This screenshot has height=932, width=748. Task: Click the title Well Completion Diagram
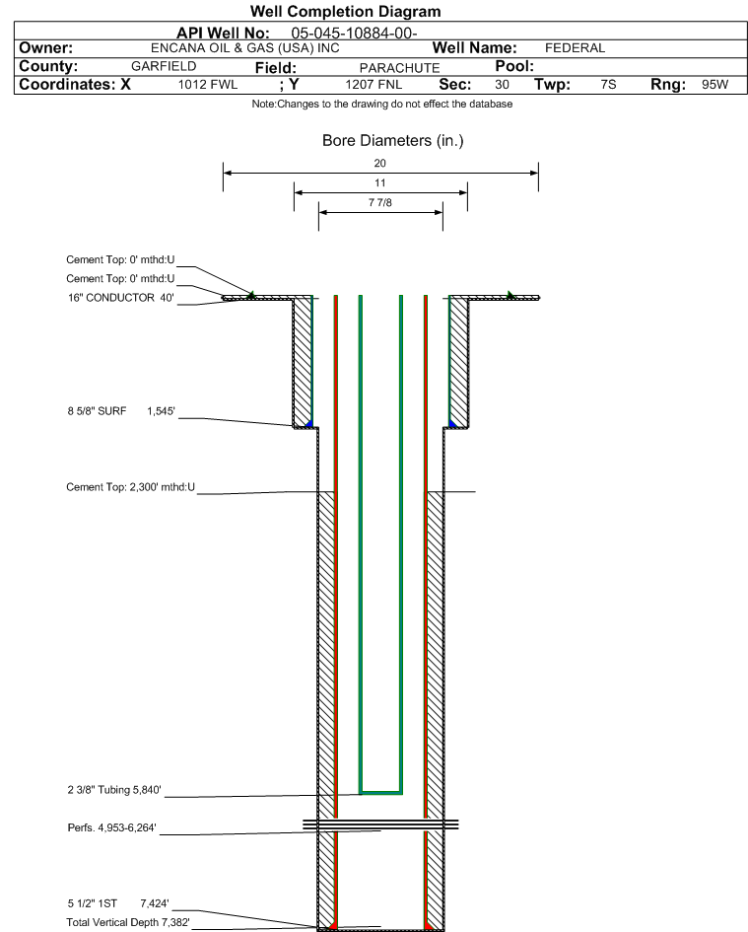pyautogui.click(x=345, y=11)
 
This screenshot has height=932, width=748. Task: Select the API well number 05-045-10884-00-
pyautogui.click(x=354, y=34)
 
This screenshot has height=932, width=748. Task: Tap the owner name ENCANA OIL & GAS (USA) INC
pyautogui.click(x=244, y=48)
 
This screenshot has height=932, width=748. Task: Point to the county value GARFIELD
pyautogui.click(x=164, y=66)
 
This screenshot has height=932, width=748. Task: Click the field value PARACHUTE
pyautogui.click(x=400, y=68)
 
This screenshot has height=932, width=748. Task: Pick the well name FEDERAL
pyautogui.click(x=576, y=48)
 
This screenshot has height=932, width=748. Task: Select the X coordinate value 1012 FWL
pyautogui.click(x=208, y=85)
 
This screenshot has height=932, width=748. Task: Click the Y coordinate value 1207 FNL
pyautogui.click(x=374, y=85)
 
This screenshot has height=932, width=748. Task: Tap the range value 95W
pyautogui.click(x=714, y=85)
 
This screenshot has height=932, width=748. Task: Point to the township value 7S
pyautogui.click(x=608, y=85)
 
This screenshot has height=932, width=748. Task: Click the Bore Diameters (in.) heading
pyautogui.click(x=392, y=141)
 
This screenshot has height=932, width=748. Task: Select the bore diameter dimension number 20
pyautogui.click(x=380, y=163)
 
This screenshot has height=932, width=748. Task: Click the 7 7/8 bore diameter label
pyautogui.click(x=380, y=203)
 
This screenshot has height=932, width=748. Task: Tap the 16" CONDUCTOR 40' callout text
pyautogui.click(x=120, y=298)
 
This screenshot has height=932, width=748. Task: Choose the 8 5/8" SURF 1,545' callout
pyautogui.click(x=121, y=411)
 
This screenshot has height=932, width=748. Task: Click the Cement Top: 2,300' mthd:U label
pyautogui.click(x=131, y=487)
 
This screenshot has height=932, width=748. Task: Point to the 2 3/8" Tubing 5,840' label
pyautogui.click(x=114, y=790)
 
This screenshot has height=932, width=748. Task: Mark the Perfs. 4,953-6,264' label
pyautogui.click(x=111, y=828)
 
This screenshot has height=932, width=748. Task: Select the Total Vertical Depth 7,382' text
pyautogui.click(x=128, y=922)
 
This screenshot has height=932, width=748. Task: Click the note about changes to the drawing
pyautogui.click(x=382, y=104)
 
